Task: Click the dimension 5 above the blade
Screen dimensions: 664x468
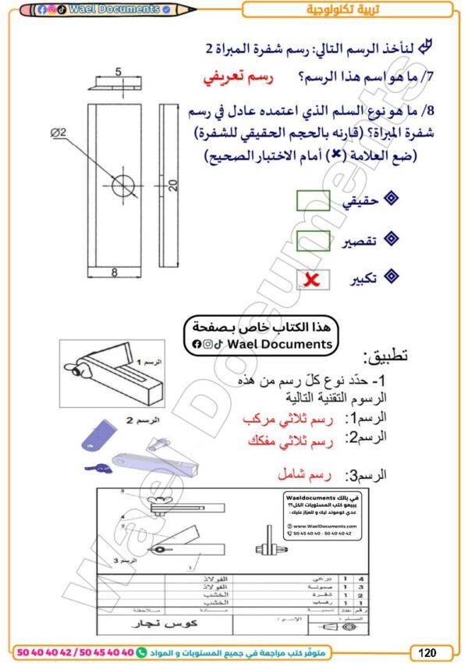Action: click(x=119, y=71)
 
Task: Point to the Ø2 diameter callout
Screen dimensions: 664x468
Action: click(x=58, y=133)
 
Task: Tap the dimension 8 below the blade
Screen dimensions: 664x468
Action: click(x=114, y=272)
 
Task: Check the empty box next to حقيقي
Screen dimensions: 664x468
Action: click(x=313, y=201)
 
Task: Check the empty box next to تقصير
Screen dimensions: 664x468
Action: click(x=313, y=240)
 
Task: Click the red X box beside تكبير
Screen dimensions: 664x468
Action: click(x=313, y=278)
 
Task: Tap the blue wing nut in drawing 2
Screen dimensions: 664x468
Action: click(x=98, y=467)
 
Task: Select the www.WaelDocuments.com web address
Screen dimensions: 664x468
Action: click(x=326, y=527)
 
